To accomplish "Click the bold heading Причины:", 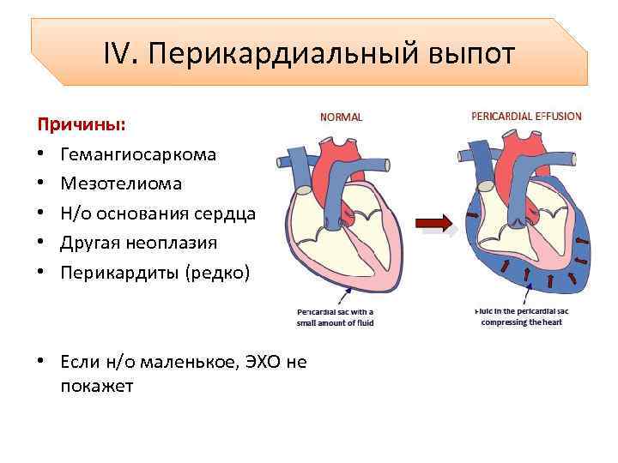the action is [82, 125].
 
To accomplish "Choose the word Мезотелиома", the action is [121, 184].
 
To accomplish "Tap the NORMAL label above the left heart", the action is [341, 117].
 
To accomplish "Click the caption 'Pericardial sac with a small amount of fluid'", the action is [336, 317].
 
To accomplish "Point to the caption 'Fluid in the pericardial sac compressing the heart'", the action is [520, 317].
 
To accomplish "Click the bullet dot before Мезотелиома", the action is [40, 184].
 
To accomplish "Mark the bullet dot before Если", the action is [40, 362].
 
